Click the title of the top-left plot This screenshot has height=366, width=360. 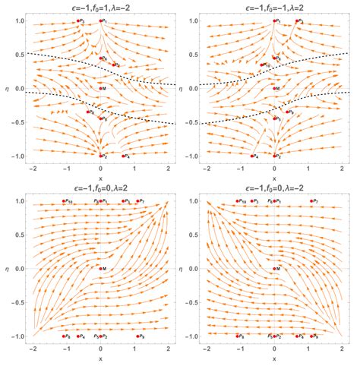[x=101, y=6]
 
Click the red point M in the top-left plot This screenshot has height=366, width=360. [x=100, y=88]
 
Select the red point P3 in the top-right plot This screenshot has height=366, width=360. [x=296, y=21]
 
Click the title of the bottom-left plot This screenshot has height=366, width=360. [x=101, y=188]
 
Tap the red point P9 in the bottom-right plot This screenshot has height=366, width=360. [x=308, y=335]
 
